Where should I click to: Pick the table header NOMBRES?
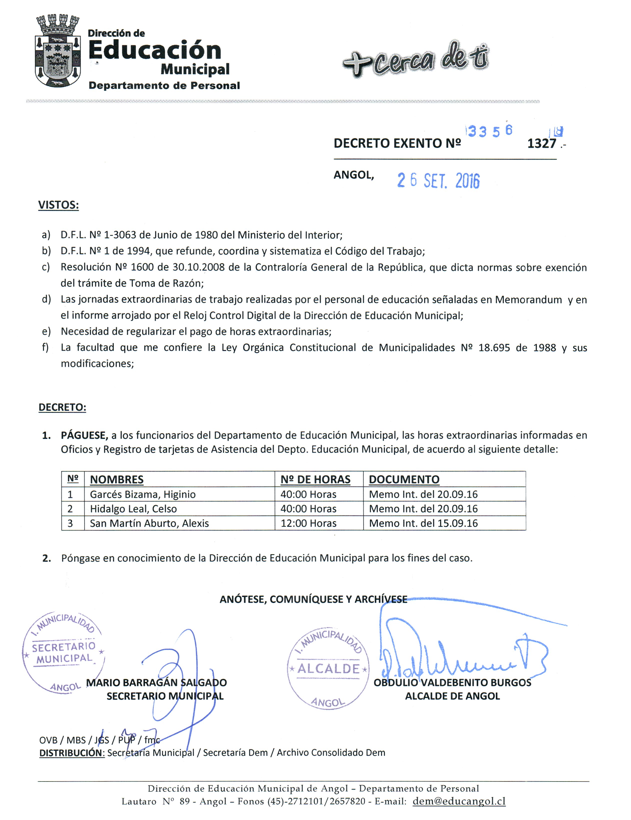tap(117, 479)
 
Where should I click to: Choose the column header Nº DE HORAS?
tap(315, 479)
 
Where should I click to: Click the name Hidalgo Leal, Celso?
tap(133, 509)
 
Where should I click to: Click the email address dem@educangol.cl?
tap(459, 801)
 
